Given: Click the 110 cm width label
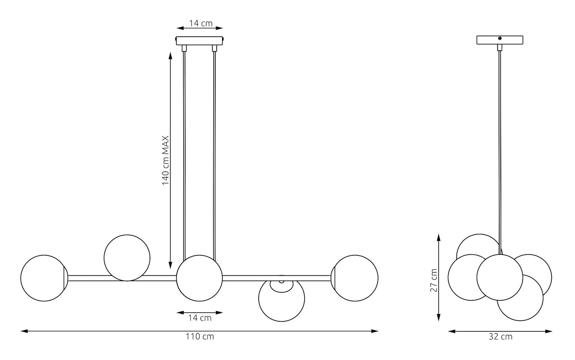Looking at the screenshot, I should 200,337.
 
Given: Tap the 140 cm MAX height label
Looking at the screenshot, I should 165,161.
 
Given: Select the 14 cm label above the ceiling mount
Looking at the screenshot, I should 200,23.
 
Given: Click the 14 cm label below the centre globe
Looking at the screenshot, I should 200,318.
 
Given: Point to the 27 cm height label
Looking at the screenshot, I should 434,280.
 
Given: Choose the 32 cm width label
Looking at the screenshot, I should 500,337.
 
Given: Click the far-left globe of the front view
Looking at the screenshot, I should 44,278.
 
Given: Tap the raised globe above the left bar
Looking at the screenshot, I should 127,258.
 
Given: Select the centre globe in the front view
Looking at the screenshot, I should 199,278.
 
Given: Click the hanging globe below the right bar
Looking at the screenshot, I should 281,300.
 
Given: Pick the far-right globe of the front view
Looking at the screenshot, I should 356,278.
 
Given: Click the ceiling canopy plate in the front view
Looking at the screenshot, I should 199,41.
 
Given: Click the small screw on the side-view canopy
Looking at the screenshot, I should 499,38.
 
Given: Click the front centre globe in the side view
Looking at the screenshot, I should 499,277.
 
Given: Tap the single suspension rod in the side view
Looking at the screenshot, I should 499,146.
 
